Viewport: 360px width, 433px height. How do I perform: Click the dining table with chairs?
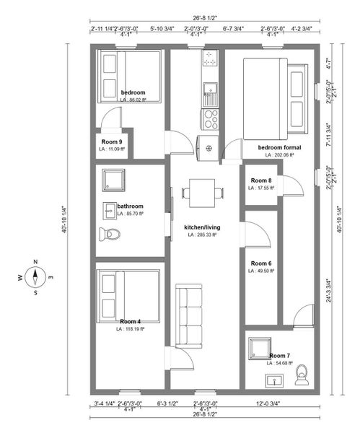(x=196, y=192)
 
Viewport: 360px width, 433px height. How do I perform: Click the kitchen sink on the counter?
(x=210, y=89)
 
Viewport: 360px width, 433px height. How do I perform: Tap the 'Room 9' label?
(x=112, y=141)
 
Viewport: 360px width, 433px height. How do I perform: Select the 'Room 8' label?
(x=261, y=180)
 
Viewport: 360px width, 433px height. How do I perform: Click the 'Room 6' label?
(x=261, y=263)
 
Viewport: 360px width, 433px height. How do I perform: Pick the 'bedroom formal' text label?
(x=279, y=147)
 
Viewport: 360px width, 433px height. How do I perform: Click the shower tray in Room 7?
(x=258, y=350)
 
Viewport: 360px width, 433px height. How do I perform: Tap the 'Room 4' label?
(x=130, y=321)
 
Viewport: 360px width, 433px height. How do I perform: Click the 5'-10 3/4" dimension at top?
(x=162, y=29)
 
